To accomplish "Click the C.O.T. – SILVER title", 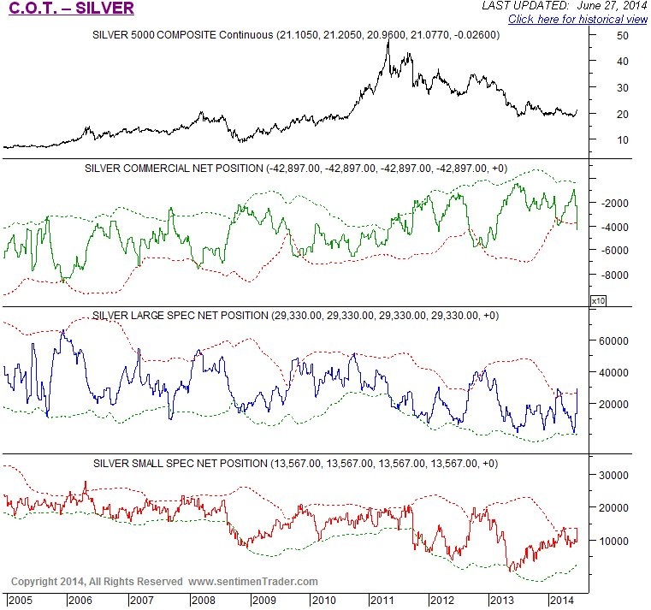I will (x=71, y=9).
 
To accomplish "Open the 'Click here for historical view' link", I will (x=577, y=19).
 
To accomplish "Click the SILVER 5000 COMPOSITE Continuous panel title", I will (x=295, y=36).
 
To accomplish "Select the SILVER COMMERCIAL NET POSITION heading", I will (x=295, y=168).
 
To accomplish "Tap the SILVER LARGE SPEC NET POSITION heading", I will (x=295, y=316).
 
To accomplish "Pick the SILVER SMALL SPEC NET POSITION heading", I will (x=295, y=463).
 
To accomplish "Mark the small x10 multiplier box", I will (x=598, y=300).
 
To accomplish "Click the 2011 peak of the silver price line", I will (x=389, y=41).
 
